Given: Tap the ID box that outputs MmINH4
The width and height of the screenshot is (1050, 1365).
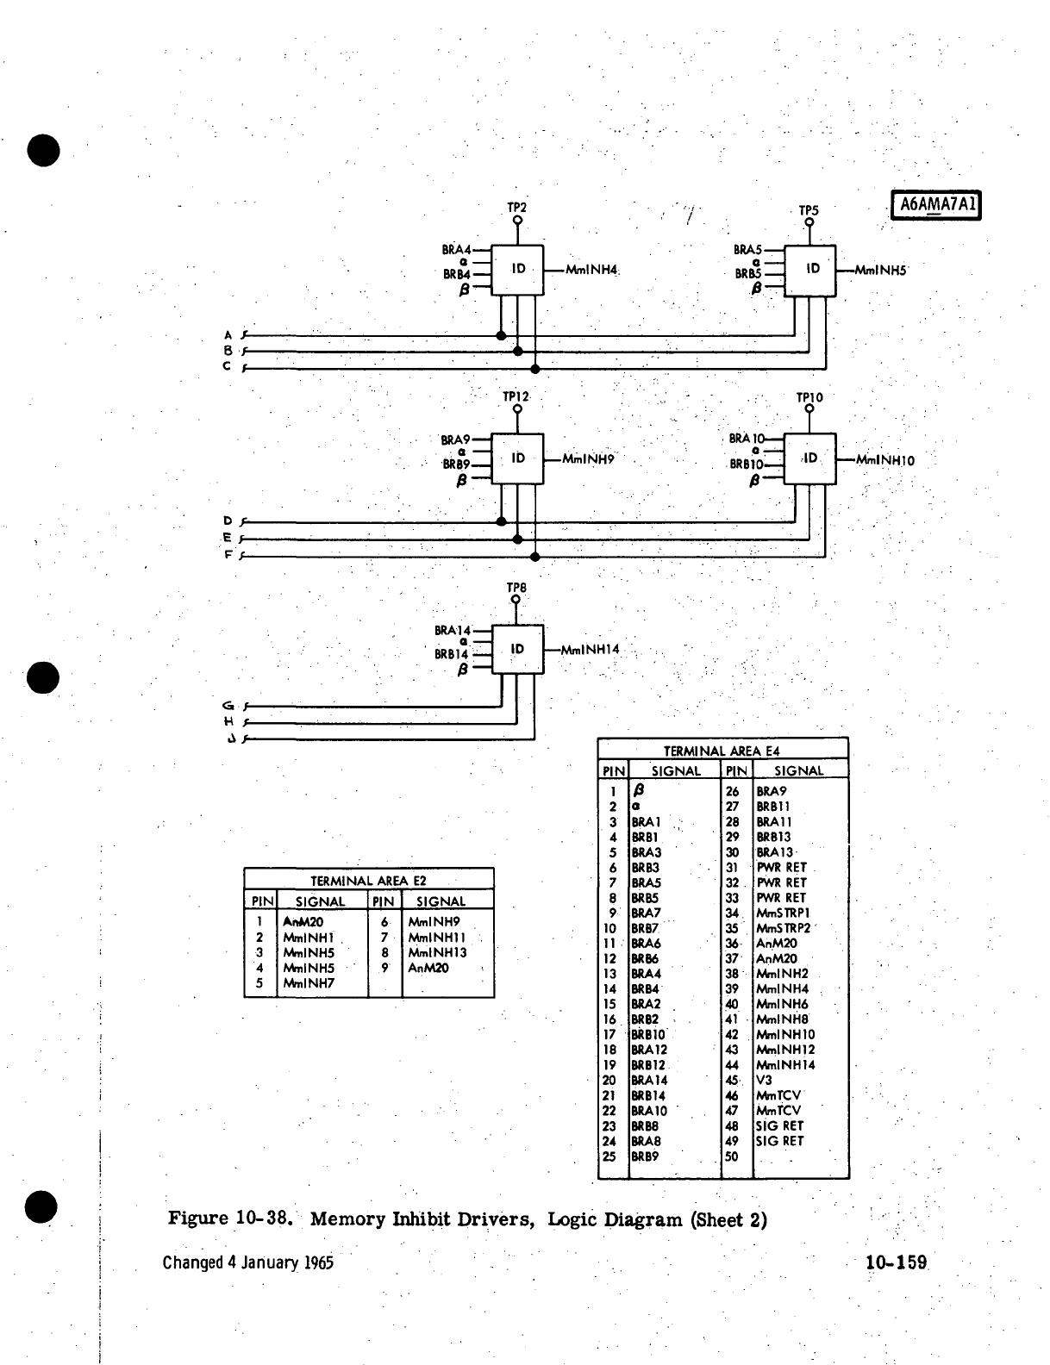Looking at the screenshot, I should coord(517,270).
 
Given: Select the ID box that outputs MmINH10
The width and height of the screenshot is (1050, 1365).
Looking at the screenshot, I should coord(810,458).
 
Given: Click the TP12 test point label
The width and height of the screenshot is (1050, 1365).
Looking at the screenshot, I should coord(516,397).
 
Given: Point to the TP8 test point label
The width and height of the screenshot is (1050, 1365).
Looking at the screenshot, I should coord(516,588).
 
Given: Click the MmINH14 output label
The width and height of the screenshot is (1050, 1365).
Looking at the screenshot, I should coord(591,649).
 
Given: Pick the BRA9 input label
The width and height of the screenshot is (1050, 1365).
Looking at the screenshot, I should coord(455,439).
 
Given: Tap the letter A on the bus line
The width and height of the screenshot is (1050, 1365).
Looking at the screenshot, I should coord(228,335).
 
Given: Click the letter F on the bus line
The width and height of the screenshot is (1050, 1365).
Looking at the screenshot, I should coord(228,556).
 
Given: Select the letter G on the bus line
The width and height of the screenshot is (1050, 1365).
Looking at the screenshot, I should coord(228,706).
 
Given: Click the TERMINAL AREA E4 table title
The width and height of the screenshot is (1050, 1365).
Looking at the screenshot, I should coord(722,751).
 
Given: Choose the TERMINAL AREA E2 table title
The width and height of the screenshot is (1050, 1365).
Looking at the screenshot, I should coord(368,881).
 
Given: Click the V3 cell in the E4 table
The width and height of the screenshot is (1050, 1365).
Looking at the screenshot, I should coord(764,1080).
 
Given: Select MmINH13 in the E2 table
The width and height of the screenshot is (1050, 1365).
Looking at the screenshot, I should coord(437,953).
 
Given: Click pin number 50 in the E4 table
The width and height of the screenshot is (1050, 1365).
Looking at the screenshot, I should coord(733,1156).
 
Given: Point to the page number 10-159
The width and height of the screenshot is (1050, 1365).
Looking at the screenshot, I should coord(897,1263).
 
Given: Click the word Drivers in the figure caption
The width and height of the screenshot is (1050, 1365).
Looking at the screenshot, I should coord(497,1219).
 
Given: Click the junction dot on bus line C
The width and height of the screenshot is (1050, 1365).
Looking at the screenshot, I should coord(534,369).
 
